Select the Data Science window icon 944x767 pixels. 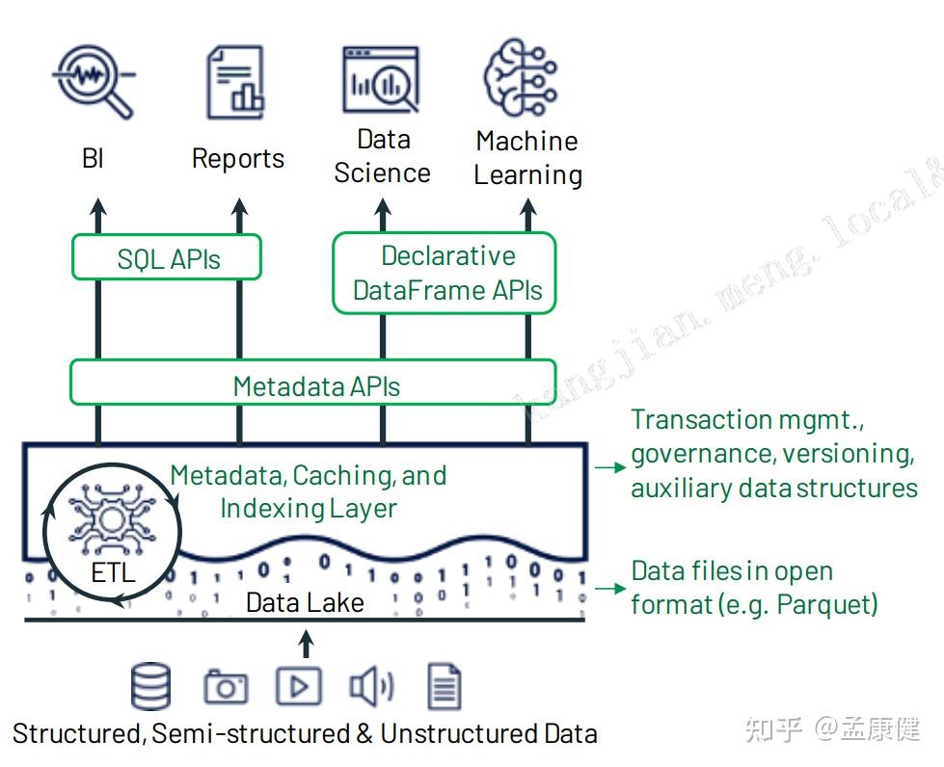382,79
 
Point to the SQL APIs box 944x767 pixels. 168,259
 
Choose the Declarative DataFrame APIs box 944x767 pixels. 445,273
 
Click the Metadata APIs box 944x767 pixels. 314,385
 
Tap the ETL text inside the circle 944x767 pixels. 113,574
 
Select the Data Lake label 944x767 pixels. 305,602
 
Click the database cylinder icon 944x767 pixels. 150,686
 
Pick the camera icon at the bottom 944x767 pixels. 226,687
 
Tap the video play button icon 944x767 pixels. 299,687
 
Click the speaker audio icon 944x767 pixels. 370,686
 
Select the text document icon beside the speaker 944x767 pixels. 445,687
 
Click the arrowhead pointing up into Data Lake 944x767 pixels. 306,638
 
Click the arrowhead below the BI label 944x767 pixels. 97,206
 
